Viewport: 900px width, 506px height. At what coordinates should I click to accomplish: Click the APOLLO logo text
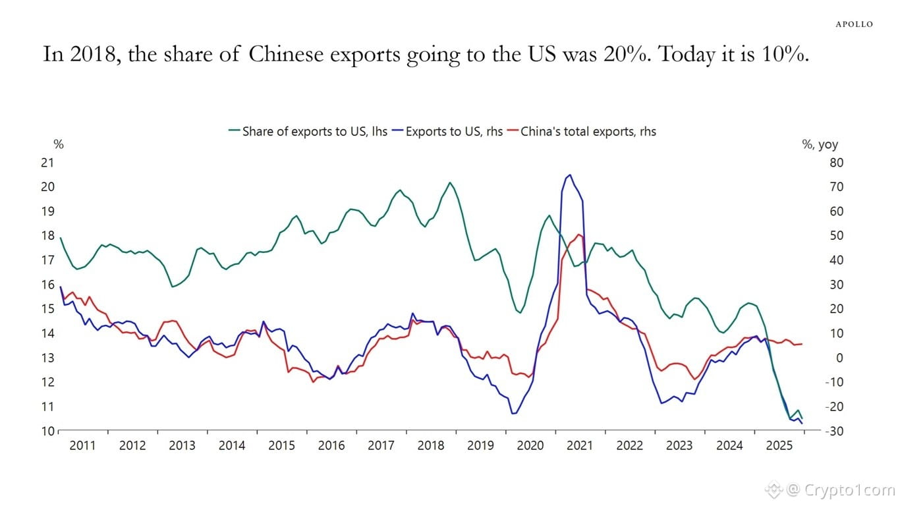point(854,24)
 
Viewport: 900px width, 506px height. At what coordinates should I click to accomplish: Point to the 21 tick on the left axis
point(47,163)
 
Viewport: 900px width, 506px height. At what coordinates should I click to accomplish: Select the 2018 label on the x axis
point(431,445)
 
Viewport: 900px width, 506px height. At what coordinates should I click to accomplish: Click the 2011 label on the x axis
point(82,445)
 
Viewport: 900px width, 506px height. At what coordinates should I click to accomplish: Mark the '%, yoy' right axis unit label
point(820,145)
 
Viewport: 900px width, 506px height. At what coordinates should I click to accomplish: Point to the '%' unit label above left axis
point(58,143)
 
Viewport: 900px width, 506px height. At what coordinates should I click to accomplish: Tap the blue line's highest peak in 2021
point(569,175)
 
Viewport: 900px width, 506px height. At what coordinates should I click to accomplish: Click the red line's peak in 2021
point(578,234)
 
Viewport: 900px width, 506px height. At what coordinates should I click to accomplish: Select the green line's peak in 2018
point(449,183)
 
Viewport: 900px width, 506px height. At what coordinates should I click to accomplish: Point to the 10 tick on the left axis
point(47,432)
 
